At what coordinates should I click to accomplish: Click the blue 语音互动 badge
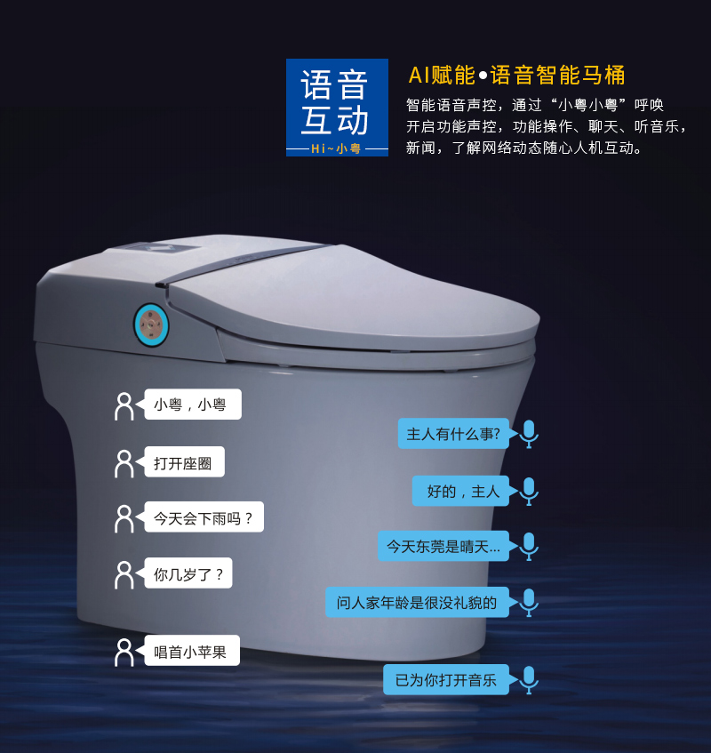click(x=337, y=107)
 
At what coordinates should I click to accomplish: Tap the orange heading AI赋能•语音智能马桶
click(x=516, y=75)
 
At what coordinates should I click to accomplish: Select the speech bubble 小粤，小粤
click(x=192, y=405)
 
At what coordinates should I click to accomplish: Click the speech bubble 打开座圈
click(x=184, y=462)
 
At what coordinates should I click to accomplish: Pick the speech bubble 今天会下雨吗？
click(x=204, y=517)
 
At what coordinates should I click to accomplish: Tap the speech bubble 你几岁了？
click(x=188, y=573)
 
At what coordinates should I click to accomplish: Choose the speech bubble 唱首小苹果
click(x=191, y=652)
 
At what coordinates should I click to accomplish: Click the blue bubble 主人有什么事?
click(x=454, y=434)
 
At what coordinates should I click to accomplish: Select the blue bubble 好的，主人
click(x=461, y=491)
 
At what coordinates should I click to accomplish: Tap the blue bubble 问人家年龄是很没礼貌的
click(x=417, y=602)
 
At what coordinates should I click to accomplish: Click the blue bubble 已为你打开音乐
click(x=446, y=680)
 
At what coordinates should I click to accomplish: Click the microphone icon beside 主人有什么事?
click(x=529, y=434)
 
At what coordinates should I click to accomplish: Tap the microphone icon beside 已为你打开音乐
click(x=529, y=680)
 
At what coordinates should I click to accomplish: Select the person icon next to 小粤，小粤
click(x=124, y=405)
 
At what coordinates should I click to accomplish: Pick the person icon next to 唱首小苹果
click(x=124, y=652)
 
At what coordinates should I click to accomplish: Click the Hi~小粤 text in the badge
click(x=337, y=148)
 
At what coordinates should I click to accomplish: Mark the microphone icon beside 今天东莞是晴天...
click(x=529, y=546)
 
